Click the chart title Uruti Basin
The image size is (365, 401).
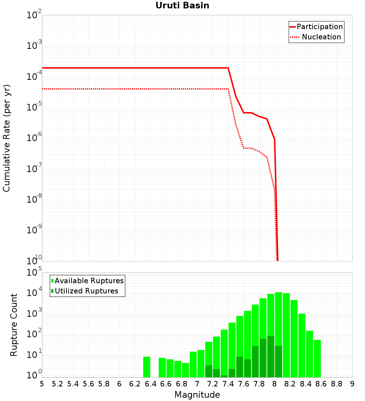182,6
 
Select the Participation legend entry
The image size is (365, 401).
316,27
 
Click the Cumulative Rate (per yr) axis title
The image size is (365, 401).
7,138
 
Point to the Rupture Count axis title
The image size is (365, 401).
14,325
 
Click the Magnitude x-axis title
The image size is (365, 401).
197,395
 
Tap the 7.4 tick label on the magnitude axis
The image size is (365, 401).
228,384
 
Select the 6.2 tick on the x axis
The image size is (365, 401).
135,384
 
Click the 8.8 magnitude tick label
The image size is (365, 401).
337,384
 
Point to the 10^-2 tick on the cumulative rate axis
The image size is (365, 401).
34,15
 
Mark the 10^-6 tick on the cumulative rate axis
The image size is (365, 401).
34,138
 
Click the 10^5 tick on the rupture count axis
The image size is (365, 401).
34,273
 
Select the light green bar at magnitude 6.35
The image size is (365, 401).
146,367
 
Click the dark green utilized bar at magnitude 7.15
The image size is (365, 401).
209,371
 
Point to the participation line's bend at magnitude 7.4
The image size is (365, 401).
228,68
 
